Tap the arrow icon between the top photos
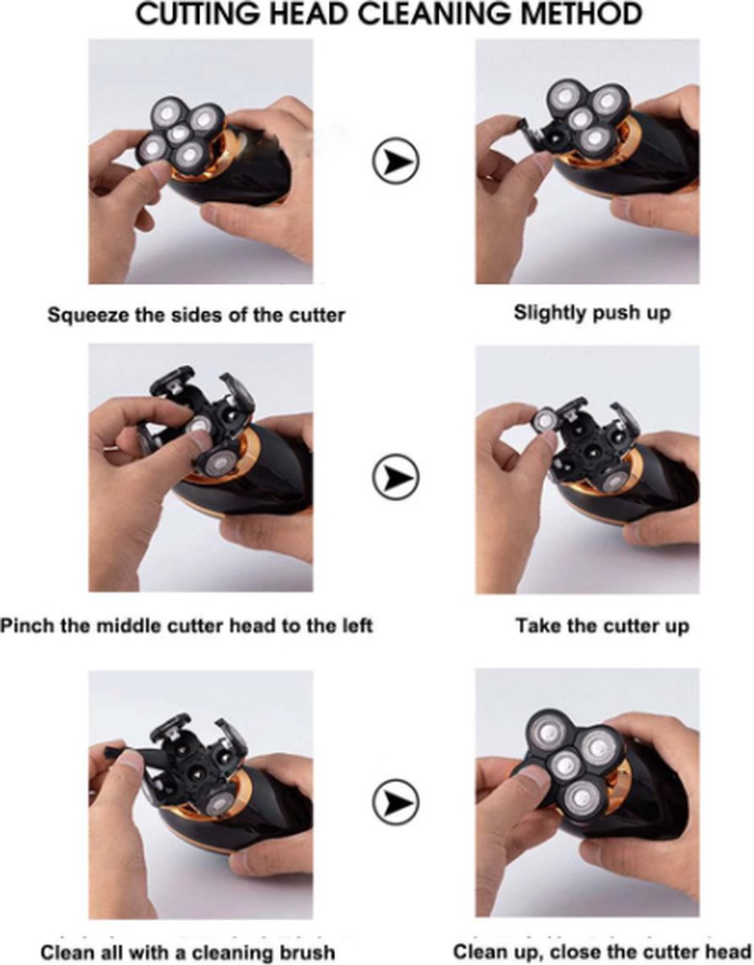click(x=395, y=160)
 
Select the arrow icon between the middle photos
click(x=395, y=478)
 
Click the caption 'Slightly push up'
click(x=592, y=314)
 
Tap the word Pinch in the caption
click(x=27, y=626)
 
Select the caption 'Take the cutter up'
click(x=602, y=626)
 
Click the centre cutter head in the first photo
click(x=181, y=133)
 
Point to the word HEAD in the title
click(x=309, y=14)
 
